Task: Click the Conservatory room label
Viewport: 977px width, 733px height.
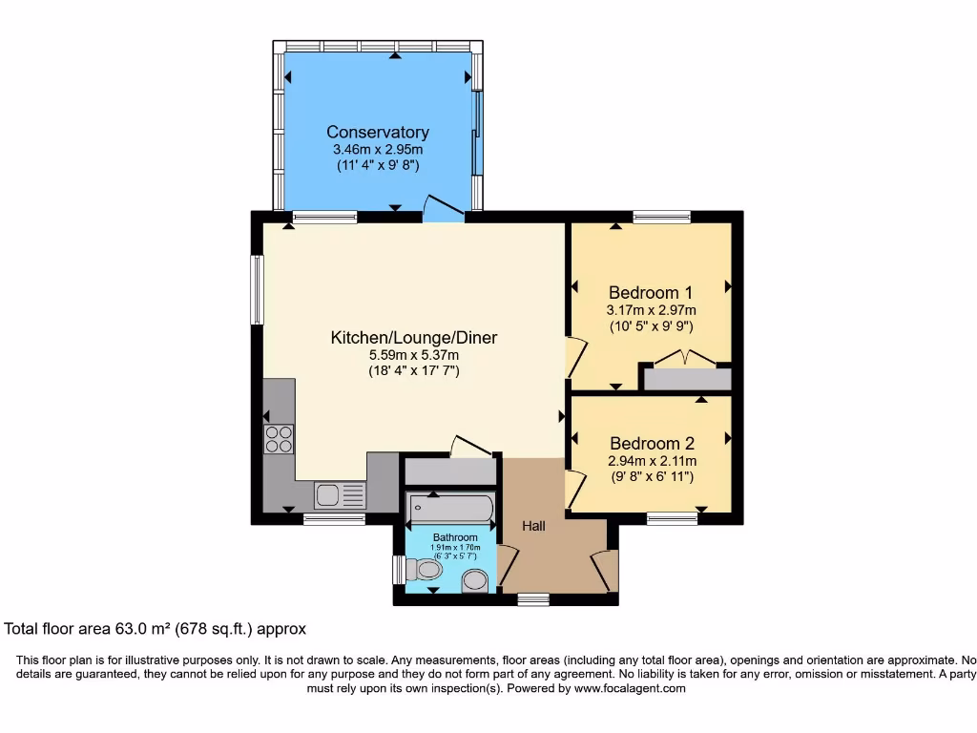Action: (x=378, y=133)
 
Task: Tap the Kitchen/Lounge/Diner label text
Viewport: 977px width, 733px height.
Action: (x=413, y=337)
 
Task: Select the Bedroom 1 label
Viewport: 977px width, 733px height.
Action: (x=652, y=292)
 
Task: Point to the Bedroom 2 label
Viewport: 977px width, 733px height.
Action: (x=652, y=443)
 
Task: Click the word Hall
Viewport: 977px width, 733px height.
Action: (x=533, y=526)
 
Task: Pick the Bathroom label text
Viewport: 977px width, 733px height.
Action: (x=455, y=537)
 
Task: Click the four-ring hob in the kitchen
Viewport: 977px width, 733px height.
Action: (x=279, y=438)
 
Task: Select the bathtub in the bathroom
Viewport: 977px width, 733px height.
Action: (x=449, y=508)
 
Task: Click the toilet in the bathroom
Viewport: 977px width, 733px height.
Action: (x=424, y=571)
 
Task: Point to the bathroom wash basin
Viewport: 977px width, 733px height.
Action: (x=474, y=580)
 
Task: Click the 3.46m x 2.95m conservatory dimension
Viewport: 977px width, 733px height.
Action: (x=378, y=150)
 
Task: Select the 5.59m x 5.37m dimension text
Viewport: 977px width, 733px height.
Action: (x=413, y=355)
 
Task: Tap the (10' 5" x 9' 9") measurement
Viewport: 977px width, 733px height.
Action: (x=652, y=325)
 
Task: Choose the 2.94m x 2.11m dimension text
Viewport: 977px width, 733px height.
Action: (x=652, y=460)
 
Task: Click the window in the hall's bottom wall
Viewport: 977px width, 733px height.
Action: (x=533, y=599)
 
